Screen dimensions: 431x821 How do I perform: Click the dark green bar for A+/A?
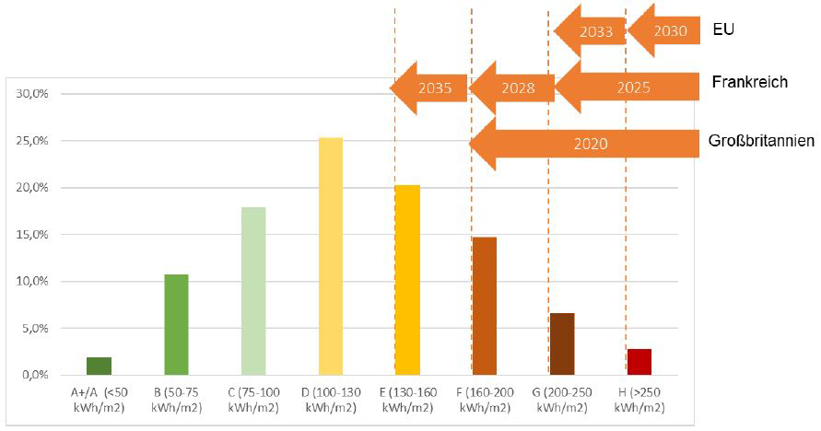(99, 366)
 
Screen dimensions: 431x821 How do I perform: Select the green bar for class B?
(176, 324)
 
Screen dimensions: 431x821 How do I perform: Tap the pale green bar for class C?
(253, 291)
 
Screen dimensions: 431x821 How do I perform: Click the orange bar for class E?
(407, 280)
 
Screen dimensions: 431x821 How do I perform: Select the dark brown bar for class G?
(562, 344)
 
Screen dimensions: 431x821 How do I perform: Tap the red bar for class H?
(639, 362)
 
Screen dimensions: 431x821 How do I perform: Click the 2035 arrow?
(431, 89)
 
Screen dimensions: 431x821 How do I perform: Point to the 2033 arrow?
(592, 30)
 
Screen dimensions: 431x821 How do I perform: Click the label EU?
(722, 29)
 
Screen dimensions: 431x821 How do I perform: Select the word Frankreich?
(749, 82)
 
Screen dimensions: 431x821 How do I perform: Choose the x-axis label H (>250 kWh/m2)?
(639, 400)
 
